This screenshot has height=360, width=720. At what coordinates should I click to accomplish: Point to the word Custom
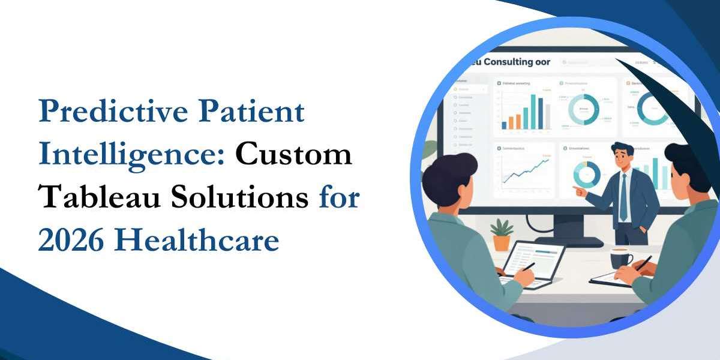pos(293,155)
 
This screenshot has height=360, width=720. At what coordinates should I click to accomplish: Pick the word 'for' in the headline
pos(338,198)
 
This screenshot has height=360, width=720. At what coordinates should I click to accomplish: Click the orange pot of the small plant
pos(501,242)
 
